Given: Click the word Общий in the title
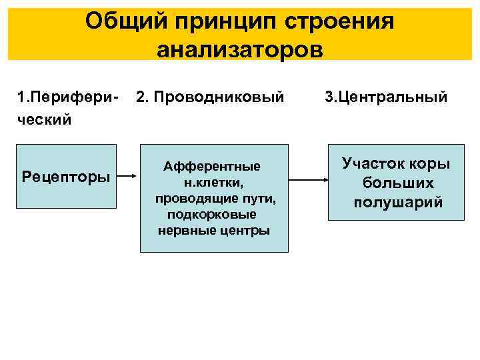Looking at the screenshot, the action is pyautogui.click(x=125, y=21).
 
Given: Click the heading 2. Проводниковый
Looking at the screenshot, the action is pyautogui.click(x=210, y=98).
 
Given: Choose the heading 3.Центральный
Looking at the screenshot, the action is pyautogui.click(x=386, y=98).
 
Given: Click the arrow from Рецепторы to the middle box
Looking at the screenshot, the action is pyautogui.click(x=129, y=178).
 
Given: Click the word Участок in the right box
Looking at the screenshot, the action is pyautogui.click(x=373, y=163).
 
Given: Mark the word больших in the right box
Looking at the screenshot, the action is pyautogui.click(x=398, y=183).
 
